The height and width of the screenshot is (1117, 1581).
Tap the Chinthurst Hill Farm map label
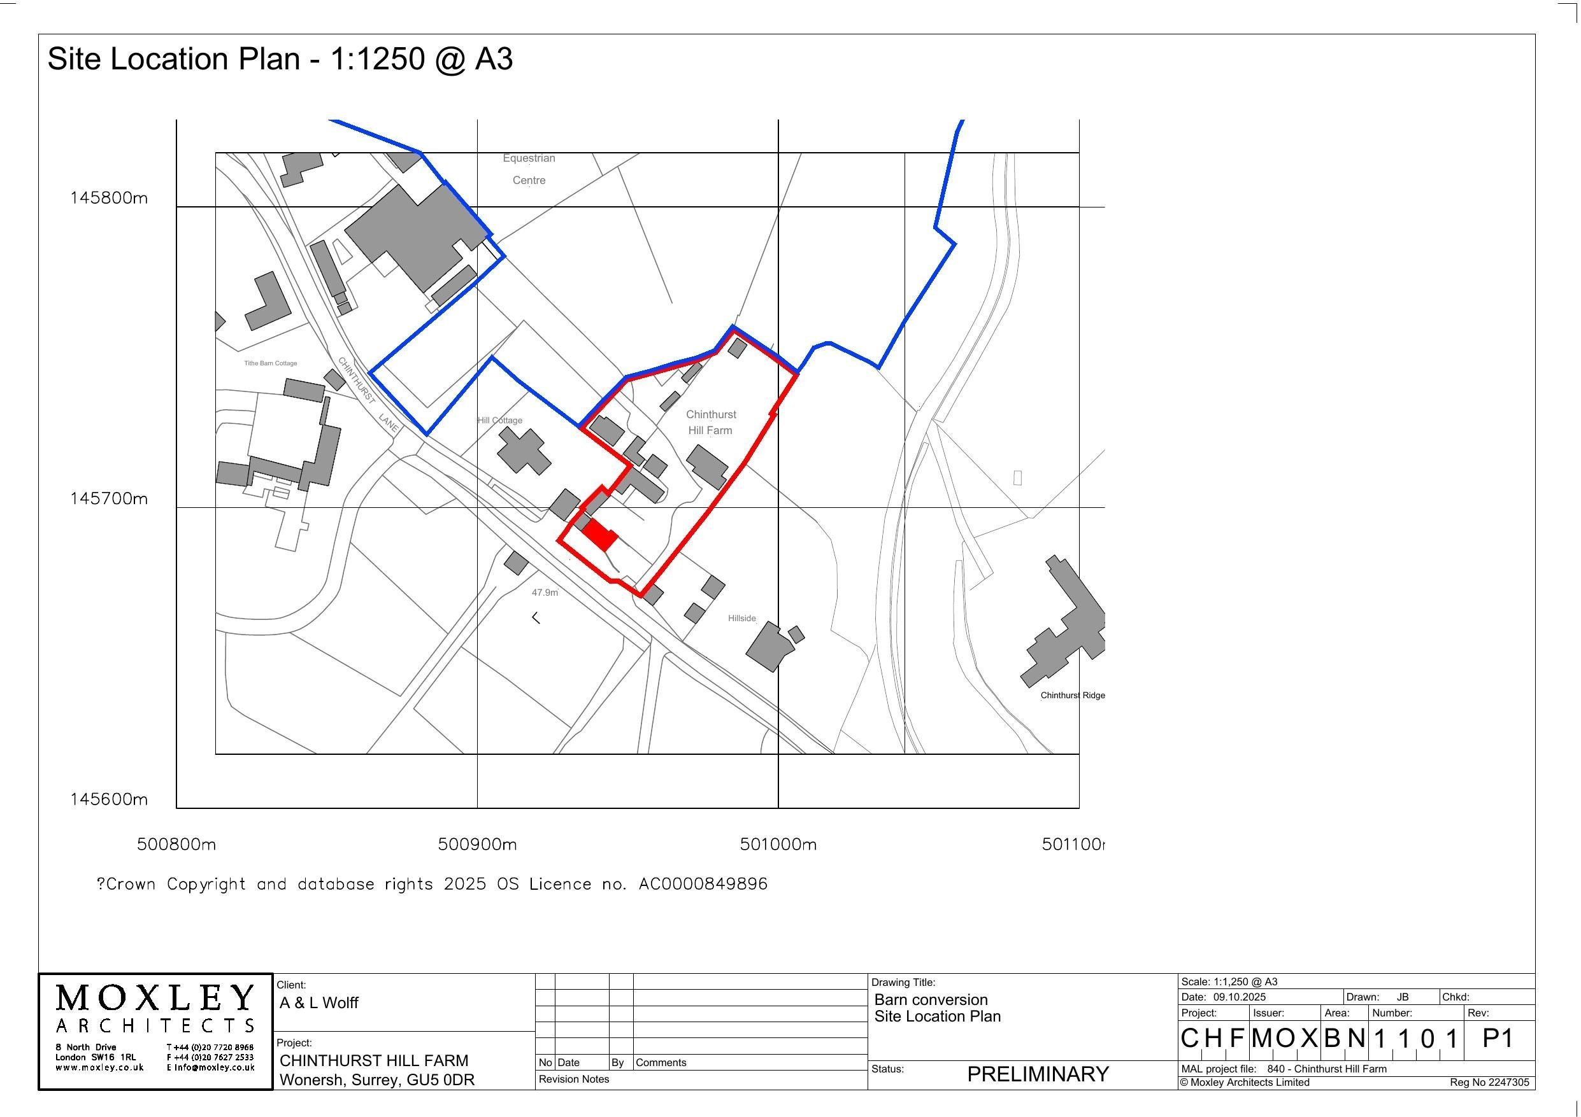[x=711, y=423]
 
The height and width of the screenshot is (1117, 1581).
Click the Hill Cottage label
[x=500, y=420]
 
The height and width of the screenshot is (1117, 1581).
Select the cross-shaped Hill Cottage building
[x=524, y=451]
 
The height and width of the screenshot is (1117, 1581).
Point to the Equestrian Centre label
[x=529, y=169]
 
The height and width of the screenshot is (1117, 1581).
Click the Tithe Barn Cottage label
[x=271, y=363]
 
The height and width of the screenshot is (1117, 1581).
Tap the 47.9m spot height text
[x=545, y=592]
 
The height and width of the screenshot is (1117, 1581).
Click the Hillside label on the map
[x=741, y=618]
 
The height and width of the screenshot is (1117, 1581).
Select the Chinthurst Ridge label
[x=1072, y=695]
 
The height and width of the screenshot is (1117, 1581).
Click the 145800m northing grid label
[x=109, y=198]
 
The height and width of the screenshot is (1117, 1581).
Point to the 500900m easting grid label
[x=477, y=844]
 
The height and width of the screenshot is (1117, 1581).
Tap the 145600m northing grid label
[x=109, y=799]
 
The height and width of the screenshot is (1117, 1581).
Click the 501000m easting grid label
[x=778, y=844]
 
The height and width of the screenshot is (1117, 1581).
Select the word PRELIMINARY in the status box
[x=1038, y=1074]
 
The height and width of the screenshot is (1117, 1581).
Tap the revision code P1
[x=1498, y=1038]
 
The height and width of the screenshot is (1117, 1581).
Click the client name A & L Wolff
[x=319, y=1002]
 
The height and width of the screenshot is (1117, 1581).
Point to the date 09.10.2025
[x=1240, y=997]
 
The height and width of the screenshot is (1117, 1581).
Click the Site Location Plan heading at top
[x=280, y=59]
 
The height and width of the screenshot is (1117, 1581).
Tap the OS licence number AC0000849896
[x=703, y=883]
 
